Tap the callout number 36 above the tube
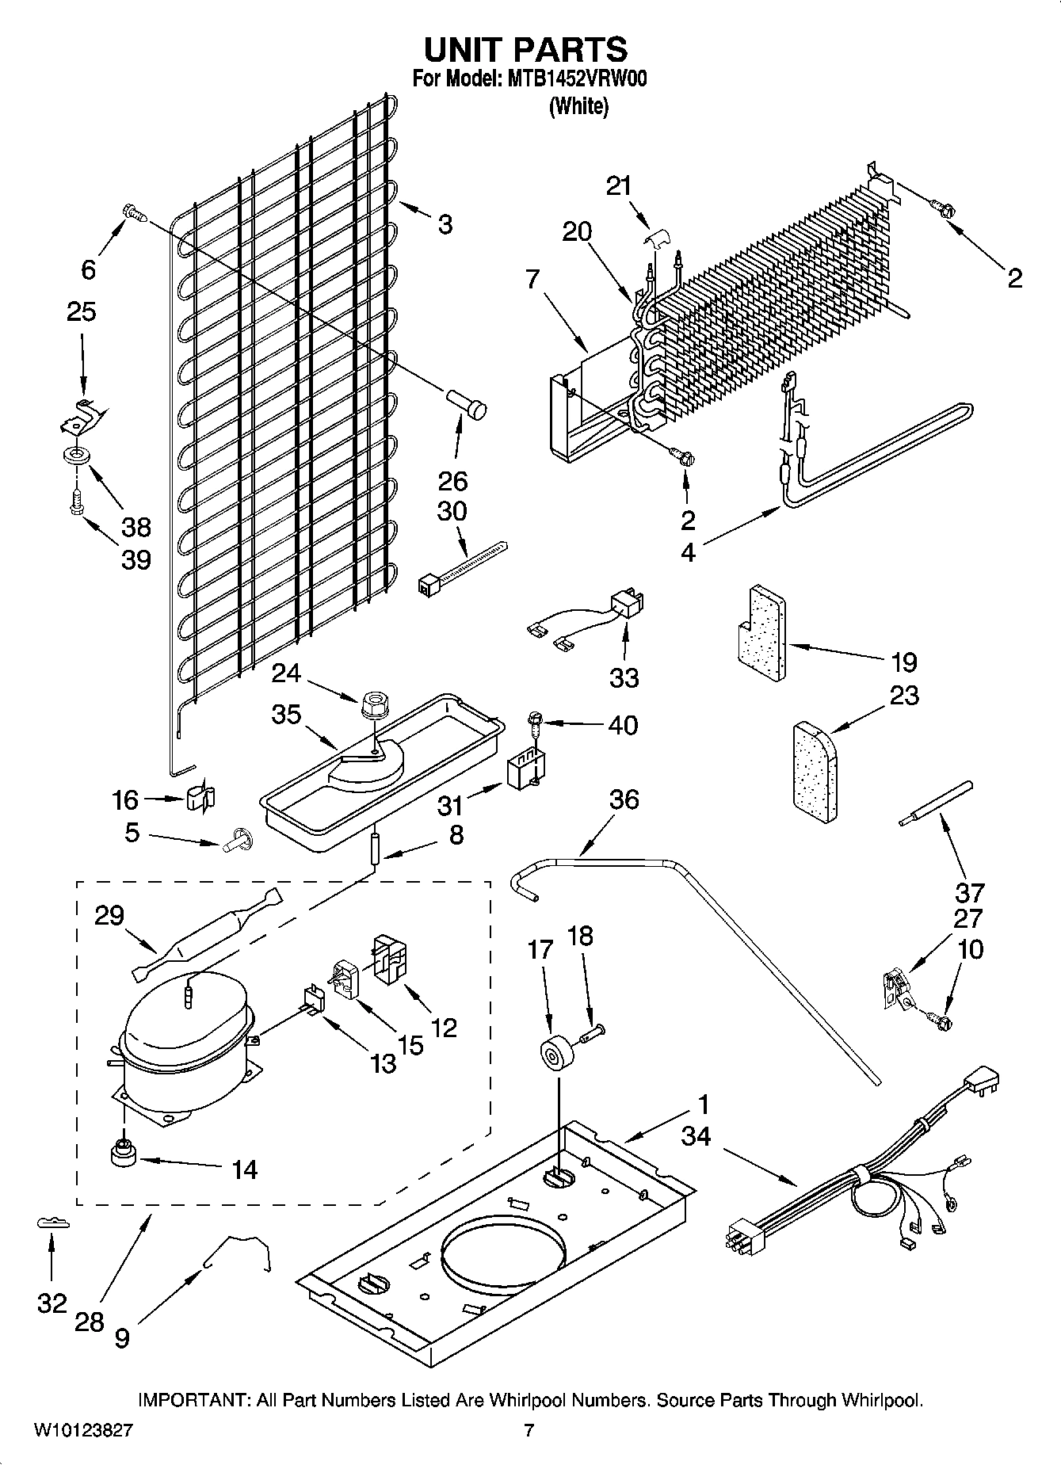[x=624, y=799]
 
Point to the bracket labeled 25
[x=82, y=415]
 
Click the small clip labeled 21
[x=655, y=238]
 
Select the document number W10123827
[x=83, y=1431]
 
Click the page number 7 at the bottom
[x=529, y=1431]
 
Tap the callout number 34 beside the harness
[x=696, y=1137]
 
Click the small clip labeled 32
[x=53, y=1224]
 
